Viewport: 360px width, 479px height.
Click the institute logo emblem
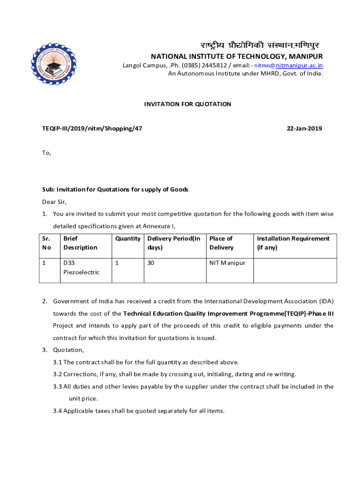click(53, 64)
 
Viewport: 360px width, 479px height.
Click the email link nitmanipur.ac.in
click(299, 65)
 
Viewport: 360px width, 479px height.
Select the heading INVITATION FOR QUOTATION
click(187, 104)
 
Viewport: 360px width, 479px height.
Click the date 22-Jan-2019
click(306, 129)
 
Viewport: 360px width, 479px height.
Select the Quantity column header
click(128, 239)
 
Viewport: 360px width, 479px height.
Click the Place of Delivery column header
click(221, 243)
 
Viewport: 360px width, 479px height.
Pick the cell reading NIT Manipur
click(227, 263)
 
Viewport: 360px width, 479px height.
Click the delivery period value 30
click(151, 263)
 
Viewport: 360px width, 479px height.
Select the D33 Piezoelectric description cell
click(81, 268)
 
